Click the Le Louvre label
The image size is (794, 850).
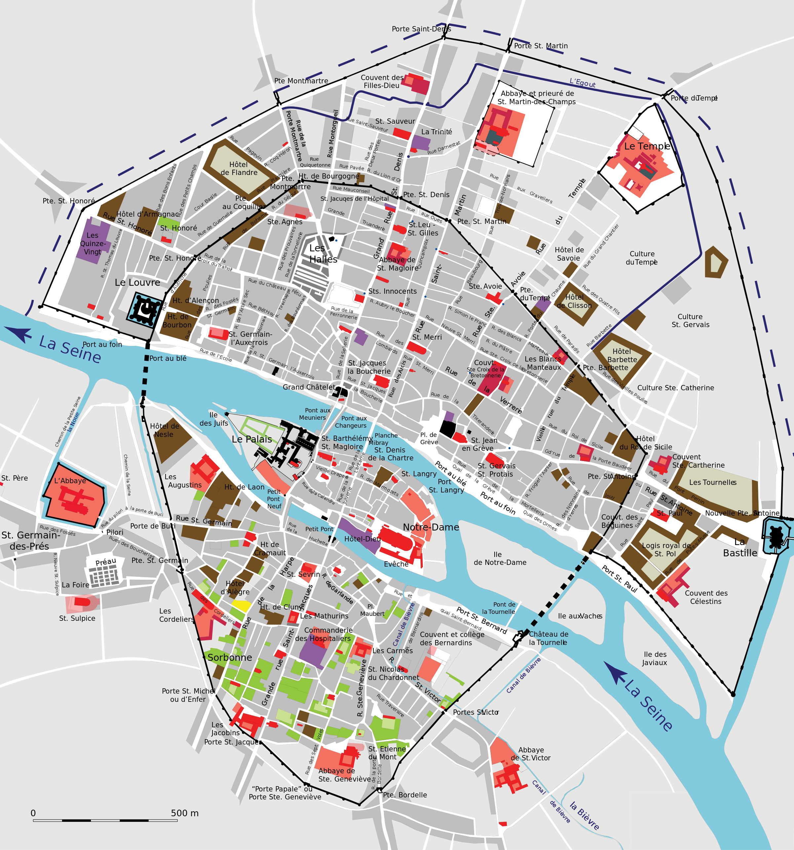137,283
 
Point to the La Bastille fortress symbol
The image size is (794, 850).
775,536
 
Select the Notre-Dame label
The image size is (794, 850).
431,527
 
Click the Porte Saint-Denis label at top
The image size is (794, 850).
421,29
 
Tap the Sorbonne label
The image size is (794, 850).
230,657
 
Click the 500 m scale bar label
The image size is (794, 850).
185,813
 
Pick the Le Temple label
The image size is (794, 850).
647,146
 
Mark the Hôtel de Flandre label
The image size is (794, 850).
239,168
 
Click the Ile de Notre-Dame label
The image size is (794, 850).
500,558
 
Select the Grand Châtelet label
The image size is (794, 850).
309,387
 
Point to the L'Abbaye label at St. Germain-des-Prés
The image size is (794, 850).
70,481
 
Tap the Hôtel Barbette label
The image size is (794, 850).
622,356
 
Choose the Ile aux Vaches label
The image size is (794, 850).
580,616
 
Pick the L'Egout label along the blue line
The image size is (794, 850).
582,83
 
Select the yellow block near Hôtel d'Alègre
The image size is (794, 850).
241,606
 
